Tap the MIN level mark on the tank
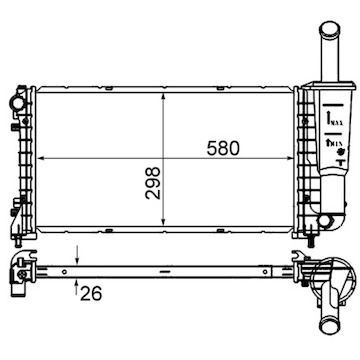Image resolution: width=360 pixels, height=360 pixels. (327, 151)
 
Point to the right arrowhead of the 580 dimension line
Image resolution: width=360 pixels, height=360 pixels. (298, 160)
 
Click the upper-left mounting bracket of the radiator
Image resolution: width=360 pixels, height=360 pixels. (17, 101)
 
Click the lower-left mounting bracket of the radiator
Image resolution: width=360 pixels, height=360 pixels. (17, 215)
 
